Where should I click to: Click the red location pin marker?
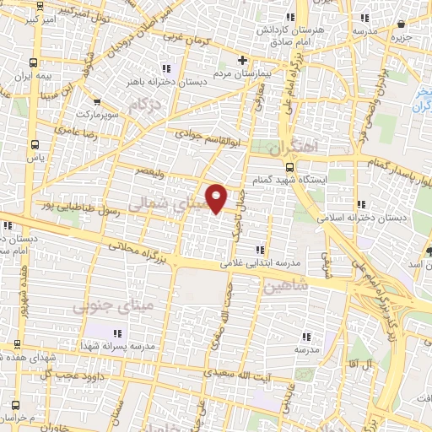217,198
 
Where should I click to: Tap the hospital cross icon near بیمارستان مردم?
243,60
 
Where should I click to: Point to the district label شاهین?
286,286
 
